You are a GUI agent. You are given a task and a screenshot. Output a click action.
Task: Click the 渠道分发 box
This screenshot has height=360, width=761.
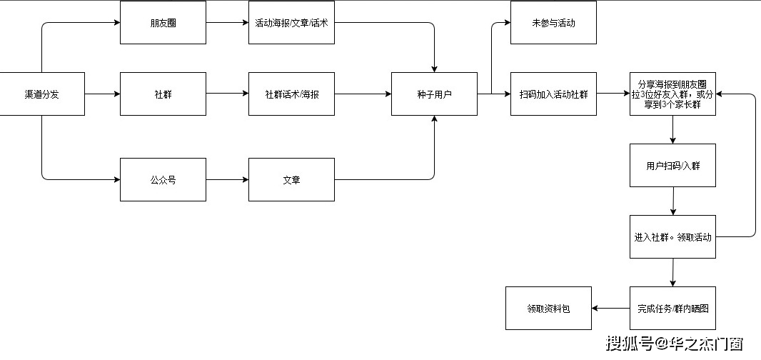click(x=42, y=94)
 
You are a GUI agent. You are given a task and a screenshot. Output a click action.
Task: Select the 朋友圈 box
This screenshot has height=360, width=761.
click(x=163, y=23)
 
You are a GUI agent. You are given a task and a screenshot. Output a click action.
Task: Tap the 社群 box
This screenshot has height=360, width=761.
click(x=163, y=94)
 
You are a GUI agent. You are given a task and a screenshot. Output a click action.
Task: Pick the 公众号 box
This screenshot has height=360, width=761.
click(x=163, y=179)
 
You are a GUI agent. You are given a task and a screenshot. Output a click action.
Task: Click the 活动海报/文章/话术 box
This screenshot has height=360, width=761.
click(x=291, y=23)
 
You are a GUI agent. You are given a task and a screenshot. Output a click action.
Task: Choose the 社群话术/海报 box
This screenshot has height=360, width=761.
click(x=291, y=94)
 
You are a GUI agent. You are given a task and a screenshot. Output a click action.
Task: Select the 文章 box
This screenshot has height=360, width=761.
click(x=291, y=179)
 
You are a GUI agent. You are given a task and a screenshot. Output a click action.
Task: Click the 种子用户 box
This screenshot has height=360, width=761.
click(x=434, y=94)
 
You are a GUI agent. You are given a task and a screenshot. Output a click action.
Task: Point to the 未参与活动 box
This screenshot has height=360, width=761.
click(x=553, y=23)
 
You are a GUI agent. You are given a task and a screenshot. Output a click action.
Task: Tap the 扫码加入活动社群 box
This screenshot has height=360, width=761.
click(x=553, y=94)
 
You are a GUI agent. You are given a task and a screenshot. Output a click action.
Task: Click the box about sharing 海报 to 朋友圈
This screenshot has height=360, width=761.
click(x=672, y=94)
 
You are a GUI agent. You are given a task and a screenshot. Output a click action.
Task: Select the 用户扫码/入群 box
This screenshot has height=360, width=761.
click(x=672, y=166)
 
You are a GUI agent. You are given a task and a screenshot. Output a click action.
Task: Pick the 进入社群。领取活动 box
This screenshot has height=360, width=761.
click(x=672, y=236)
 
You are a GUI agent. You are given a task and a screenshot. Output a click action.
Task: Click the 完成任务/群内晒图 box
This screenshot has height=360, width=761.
click(x=672, y=309)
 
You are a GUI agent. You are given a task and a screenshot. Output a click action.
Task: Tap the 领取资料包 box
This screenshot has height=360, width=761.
click(x=548, y=309)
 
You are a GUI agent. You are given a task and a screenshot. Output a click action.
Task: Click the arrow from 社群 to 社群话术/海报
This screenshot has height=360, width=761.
click(x=227, y=94)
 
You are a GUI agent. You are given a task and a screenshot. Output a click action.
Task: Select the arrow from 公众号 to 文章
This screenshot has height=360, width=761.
click(x=227, y=179)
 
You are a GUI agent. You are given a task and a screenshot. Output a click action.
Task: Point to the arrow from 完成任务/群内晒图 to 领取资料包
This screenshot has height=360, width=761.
click(x=610, y=309)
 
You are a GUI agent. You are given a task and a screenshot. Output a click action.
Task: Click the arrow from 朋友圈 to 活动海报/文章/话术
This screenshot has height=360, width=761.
click(x=227, y=23)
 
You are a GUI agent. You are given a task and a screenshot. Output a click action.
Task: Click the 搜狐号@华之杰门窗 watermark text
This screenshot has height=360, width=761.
click(x=675, y=344)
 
